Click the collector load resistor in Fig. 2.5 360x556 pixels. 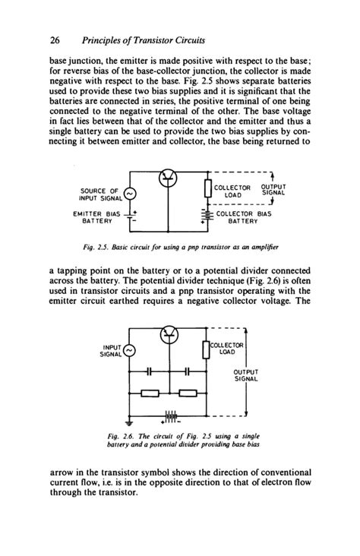tap(207, 189)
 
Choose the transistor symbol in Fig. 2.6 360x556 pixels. tap(168, 334)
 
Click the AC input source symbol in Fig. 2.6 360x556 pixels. tap(129, 350)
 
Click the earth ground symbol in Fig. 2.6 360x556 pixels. tap(130, 422)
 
